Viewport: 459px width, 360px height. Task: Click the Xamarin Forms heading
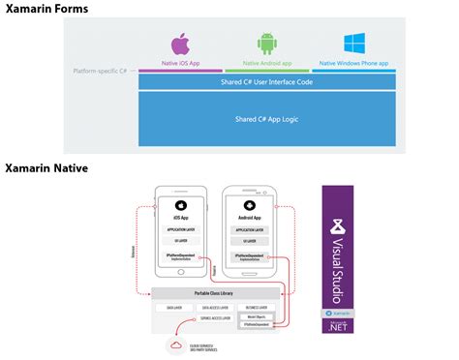point(46,9)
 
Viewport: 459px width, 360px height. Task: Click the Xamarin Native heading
point(46,168)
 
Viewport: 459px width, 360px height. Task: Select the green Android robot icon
point(267,45)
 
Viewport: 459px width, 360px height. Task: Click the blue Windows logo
point(353,44)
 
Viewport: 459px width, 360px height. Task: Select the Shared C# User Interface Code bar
point(267,82)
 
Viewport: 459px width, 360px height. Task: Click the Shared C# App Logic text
point(267,119)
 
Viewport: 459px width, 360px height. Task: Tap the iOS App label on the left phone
point(181,220)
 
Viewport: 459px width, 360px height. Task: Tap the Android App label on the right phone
point(250,220)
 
